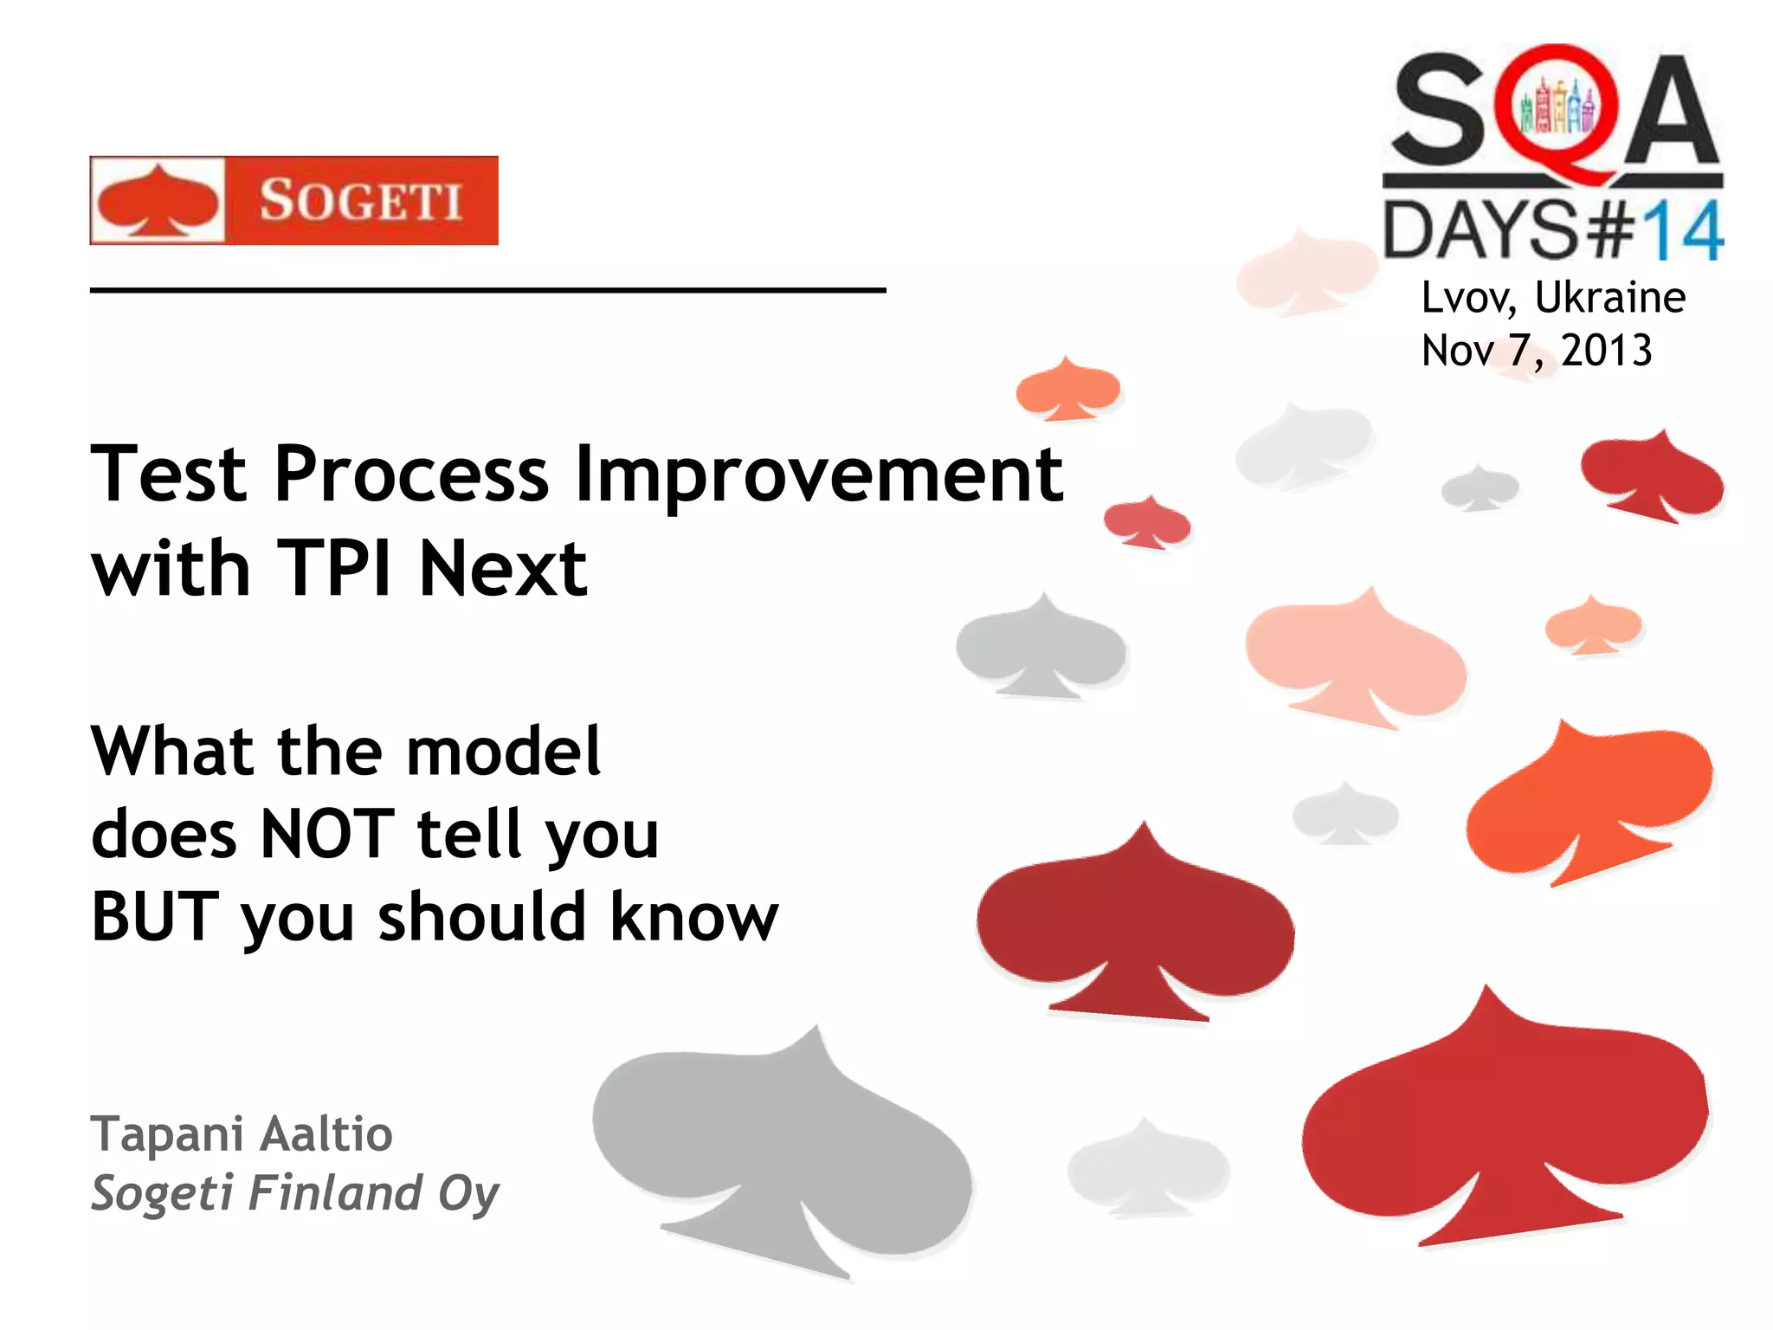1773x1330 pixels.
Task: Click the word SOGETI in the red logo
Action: point(360,201)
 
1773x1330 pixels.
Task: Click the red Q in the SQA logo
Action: point(1557,113)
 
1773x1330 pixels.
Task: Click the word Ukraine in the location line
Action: point(1609,298)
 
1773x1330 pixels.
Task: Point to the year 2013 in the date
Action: point(1607,351)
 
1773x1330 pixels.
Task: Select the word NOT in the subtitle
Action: point(327,834)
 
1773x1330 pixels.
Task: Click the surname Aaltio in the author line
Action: point(326,1134)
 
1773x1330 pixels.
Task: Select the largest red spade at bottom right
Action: point(1506,1126)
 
